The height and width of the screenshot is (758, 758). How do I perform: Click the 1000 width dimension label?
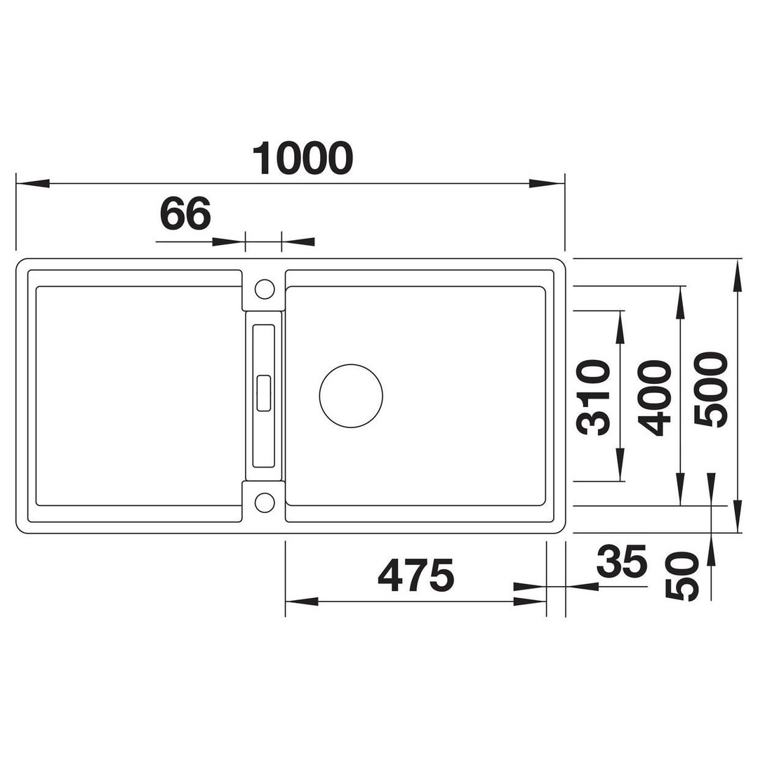point(302,158)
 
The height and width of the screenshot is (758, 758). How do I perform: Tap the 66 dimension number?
point(185,213)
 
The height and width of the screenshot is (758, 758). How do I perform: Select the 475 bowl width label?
point(415,576)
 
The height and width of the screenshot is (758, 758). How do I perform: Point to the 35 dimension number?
point(622,561)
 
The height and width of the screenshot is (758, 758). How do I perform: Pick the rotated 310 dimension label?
point(593,397)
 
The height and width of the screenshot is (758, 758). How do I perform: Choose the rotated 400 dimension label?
point(655,397)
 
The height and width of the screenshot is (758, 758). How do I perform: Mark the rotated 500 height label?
point(710,389)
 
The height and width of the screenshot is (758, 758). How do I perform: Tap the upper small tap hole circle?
point(265,279)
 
